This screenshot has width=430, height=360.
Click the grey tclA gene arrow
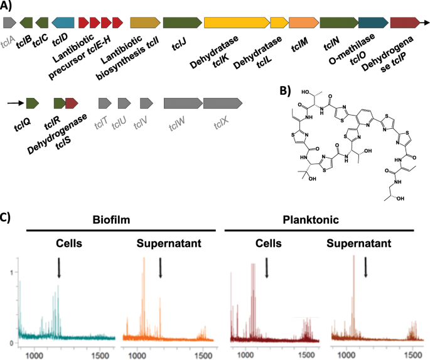click(x=9, y=22)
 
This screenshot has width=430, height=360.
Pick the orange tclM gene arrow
click(x=304, y=23)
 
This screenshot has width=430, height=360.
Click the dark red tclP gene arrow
click(x=405, y=23)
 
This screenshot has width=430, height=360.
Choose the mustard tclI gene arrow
click(x=145, y=23)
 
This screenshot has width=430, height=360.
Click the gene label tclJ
click(x=180, y=43)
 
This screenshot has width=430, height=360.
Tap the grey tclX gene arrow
click(x=223, y=102)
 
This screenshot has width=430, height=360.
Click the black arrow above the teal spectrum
click(x=58, y=268)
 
